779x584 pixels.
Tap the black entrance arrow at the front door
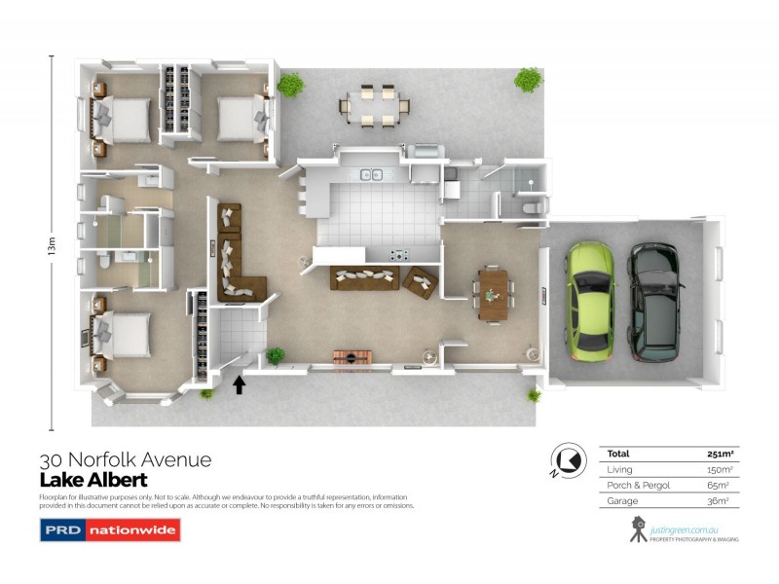pyautogui.click(x=239, y=384)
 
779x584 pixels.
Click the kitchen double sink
pyautogui.click(x=371, y=175)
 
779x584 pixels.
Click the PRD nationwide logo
pyautogui.click(x=109, y=530)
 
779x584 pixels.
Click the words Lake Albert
pyautogui.click(x=93, y=480)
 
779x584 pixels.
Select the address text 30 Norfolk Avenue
pyautogui.click(x=125, y=459)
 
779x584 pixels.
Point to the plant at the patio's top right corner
pyautogui.click(x=528, y=80)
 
